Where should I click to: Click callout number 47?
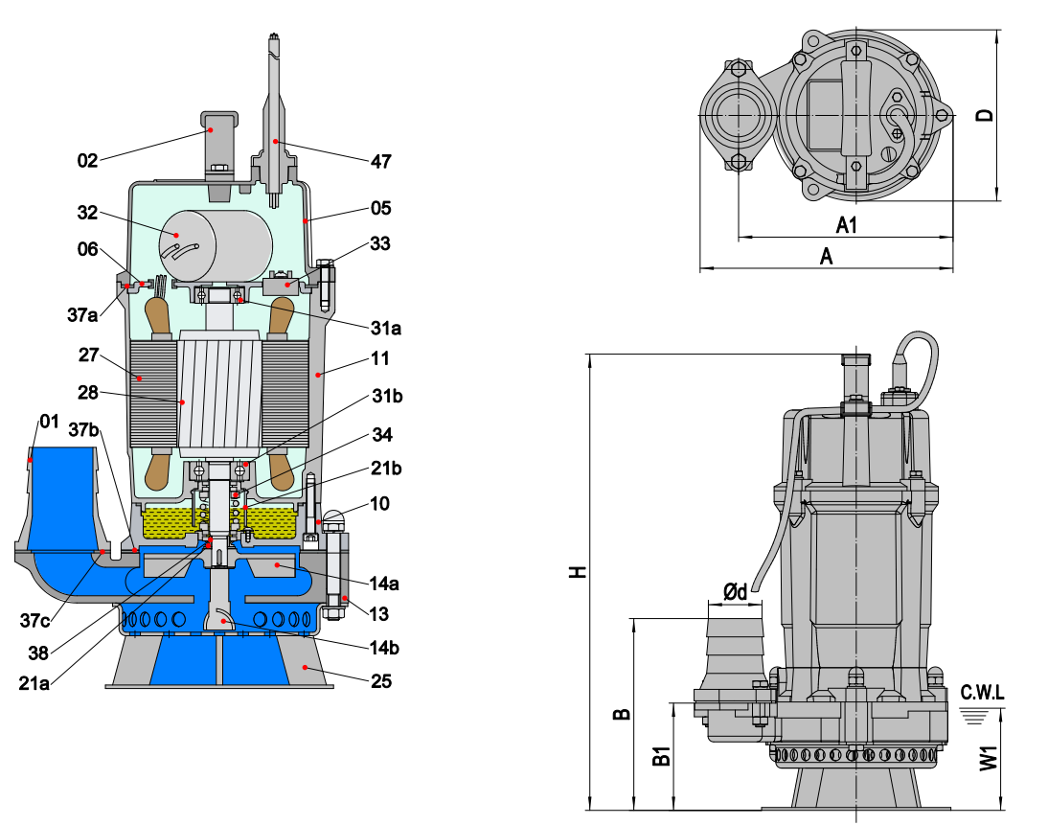click(381, 161)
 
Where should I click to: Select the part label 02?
click(88, 161)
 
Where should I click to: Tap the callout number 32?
click(88, 214)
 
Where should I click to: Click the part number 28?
click(88, 393)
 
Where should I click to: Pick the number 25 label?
click(381, 681)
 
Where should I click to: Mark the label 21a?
click(34, 681)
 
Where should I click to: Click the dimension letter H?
click(576, 571)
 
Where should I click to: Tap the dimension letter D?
click(984, 115)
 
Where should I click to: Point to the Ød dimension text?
click(735, 593)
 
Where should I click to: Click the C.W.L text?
click(982, 692)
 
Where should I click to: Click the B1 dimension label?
click(660, 756)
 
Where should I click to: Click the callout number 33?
click(380, 244)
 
